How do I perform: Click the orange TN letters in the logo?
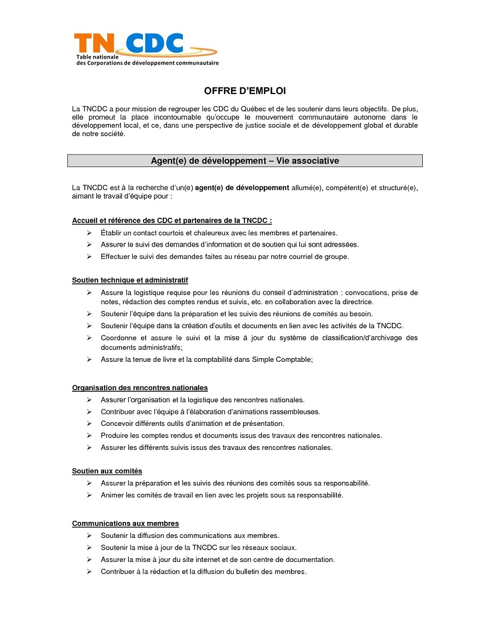pyautogui.click(x=92, y=43)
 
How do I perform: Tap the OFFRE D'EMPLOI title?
pyautogui.click(x=244, y=91)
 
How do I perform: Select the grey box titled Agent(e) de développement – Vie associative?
pyautogui.click(x=244, y=161)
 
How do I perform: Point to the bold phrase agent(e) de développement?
pyautogui.click(x=242, y=188)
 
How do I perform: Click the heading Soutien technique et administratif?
pyautogui.click(x=130, y=280)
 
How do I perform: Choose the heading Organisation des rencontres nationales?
pyautogui.click(x=140, y=388)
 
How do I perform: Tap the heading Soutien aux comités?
pyautogui.click(x=107, y=471)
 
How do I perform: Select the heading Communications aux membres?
pyautogui.click(x=125, y=524)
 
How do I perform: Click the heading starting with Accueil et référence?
pyautogui.click(x=172, y=221)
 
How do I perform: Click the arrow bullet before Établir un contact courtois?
pyautogui.click(x=89, y=233)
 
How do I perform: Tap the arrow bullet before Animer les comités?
pyautogui.click(x=89, y=495)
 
